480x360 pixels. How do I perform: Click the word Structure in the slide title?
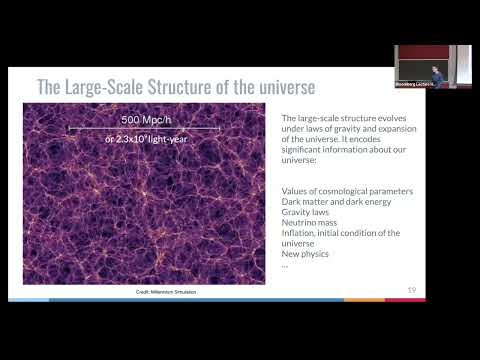click(x=185, y=88)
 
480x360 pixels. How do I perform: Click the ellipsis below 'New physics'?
click(x=286, y=264)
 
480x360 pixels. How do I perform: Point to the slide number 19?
click(x=411, y=290)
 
